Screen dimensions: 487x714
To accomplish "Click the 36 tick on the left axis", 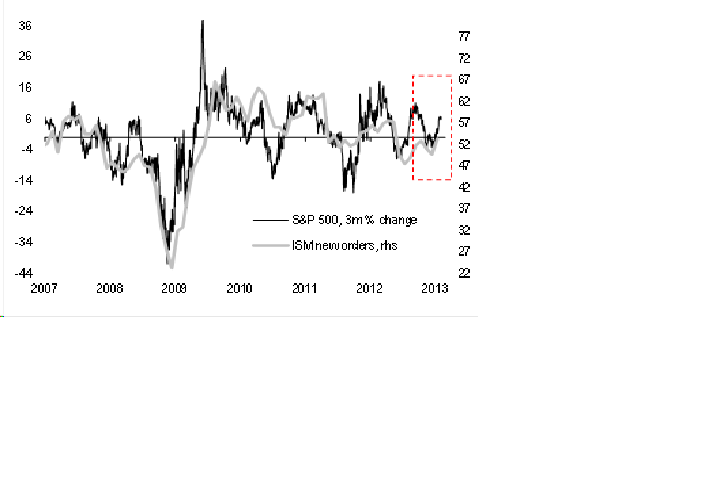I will coord(25,26).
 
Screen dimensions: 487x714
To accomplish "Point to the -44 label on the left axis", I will coord(24,273).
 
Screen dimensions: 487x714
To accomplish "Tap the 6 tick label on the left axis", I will coord(28,119).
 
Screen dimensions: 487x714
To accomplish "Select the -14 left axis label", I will coord(24,180).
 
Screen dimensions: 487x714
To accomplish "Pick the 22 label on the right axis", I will coord(464,273).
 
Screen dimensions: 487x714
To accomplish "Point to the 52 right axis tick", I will coord(464,144).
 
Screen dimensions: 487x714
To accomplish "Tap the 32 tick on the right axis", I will coord(464,230).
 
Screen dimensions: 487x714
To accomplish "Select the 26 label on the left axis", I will coord(25,56).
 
